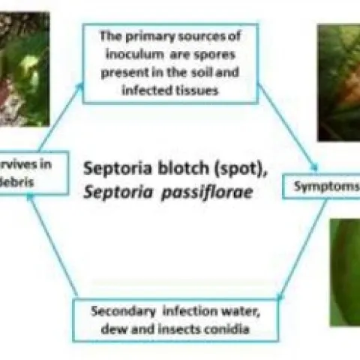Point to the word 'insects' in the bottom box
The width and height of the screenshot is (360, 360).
172,328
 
